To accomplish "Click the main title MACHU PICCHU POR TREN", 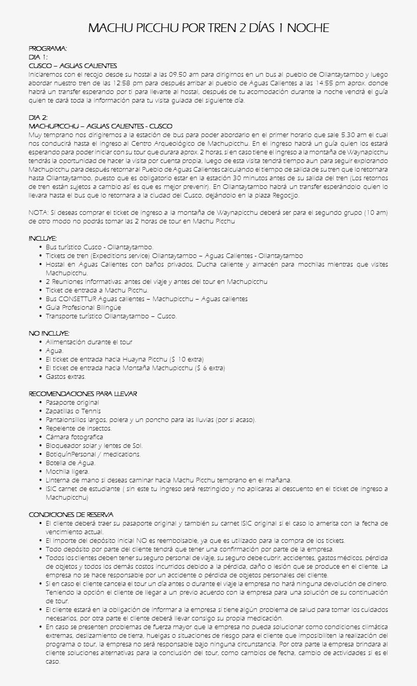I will point(208,28).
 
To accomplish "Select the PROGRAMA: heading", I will point(48,48).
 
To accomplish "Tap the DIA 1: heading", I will point(38,57).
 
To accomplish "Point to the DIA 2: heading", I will point(38,117).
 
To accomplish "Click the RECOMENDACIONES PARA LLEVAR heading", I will point(83,394).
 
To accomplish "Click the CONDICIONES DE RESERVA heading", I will point(71,515).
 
